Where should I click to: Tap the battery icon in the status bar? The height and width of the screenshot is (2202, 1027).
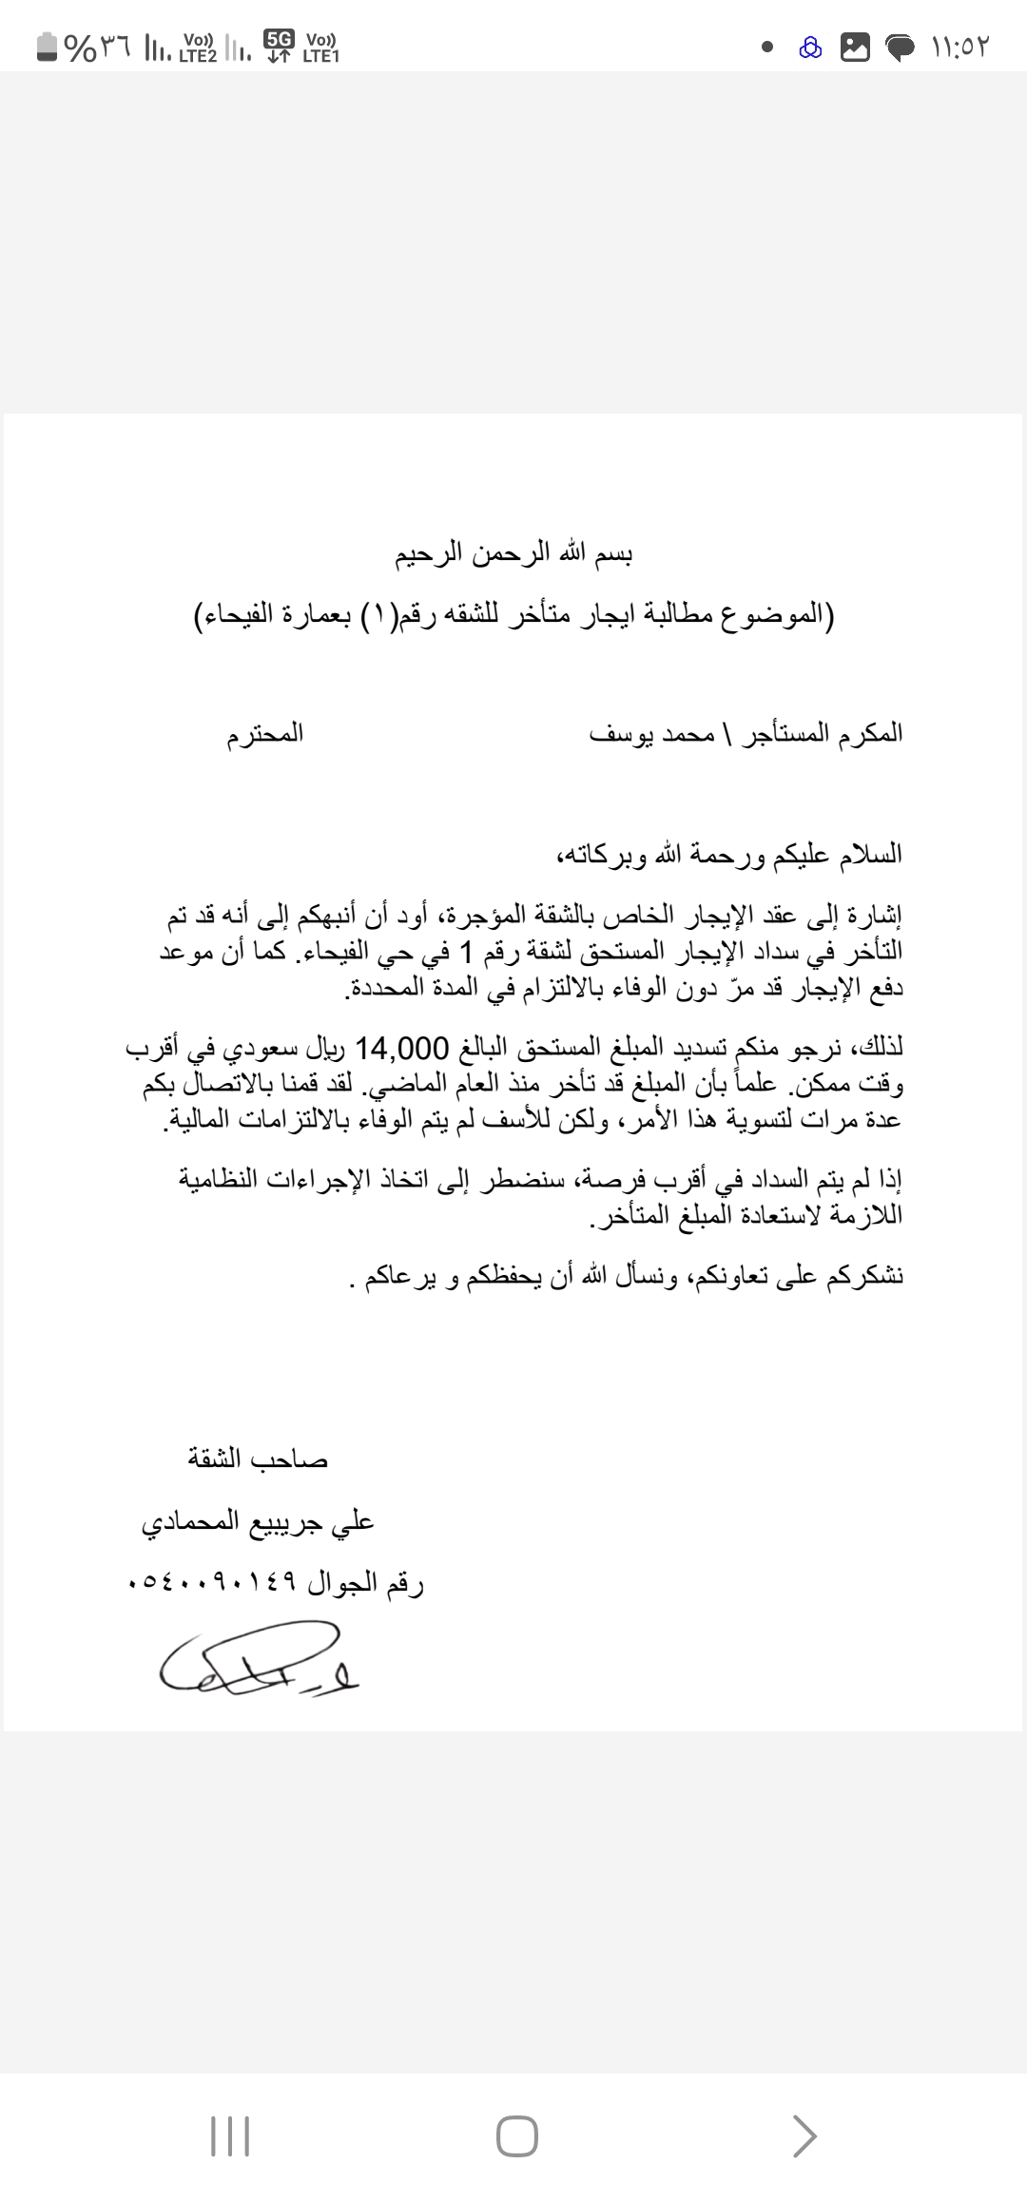[47, 47]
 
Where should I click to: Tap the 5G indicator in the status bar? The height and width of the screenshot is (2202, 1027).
[280, 39]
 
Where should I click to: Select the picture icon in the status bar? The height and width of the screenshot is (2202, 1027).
[856, 48]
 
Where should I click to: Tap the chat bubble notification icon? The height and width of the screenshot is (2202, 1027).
[901, 48]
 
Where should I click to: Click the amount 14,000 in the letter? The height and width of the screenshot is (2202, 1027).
[400, 1049]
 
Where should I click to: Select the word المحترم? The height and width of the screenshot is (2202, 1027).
[264, 734]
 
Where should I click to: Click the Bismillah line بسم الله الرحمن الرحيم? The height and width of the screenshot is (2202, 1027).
[514, 554]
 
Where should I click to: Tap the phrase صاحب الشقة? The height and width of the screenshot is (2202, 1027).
[257, 1458]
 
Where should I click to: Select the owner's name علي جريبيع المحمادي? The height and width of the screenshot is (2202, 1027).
[258, 1522]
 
